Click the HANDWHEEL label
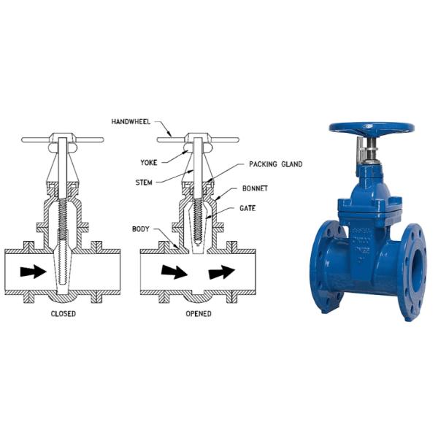[x=131, y=122]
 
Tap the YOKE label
[x=149, y=163]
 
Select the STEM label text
[x=144, y=182]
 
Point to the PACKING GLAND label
[x=276, y=164]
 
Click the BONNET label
[x=255, y=188]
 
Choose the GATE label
[x=247, y=208]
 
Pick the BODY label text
[x=140, y=229]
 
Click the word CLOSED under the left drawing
[x=63, y=314]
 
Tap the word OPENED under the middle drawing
[x=199, y=314]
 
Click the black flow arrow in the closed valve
[x=34, y=272]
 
